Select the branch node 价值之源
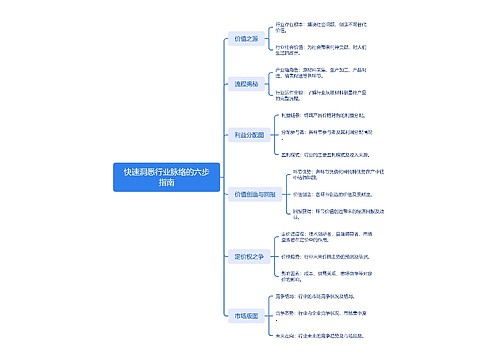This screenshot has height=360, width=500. tap(245, 38)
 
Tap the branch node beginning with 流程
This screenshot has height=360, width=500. tap(245, 85)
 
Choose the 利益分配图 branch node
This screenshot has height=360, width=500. tap(247, 131)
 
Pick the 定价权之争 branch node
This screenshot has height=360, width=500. tap(248, 256)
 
